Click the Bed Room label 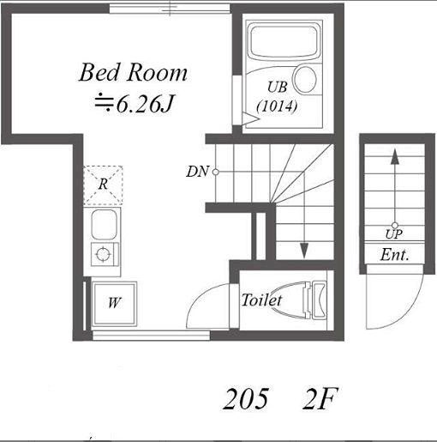pyautogui.click(x=133, y=73)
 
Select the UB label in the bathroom pyautogui.click(x=277, y=87)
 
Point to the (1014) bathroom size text pyautogui.click(x=277, y=106)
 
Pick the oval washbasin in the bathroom pyautogui.click(x=305, y=79)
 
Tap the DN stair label pyautogui.click(x=197, y=172)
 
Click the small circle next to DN pyautogui.click(x=216, y=173)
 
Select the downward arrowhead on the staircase pyautogui.click(x=304, y=251)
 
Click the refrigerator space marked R pyautogui.click(x=103, y=185)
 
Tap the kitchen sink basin pyautogui.click(x=104, y=225)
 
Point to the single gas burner pyautogui.click(x=103, y=254)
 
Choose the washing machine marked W pyautogui.click(x=114, y=304)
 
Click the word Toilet pyautogui.click(x=261, y=300)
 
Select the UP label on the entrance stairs pyautogui.click(x=394, y=234)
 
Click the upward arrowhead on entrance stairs pyautogui.click(x=395, y=157)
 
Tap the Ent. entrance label pyautogui.click(x=394, y=254)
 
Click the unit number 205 pyautogui.click(x=246, y=399)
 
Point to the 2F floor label pyautogui.click(x=320, y=398)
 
